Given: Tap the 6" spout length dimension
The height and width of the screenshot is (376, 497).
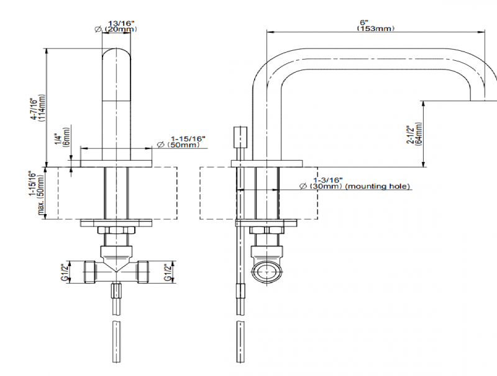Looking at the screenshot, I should [363, 22].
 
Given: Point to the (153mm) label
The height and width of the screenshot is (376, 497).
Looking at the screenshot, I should [375, 29].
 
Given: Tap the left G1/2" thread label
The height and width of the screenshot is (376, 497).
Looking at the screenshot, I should [64, 271].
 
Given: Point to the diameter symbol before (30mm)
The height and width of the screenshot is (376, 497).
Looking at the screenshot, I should [302, 186].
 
